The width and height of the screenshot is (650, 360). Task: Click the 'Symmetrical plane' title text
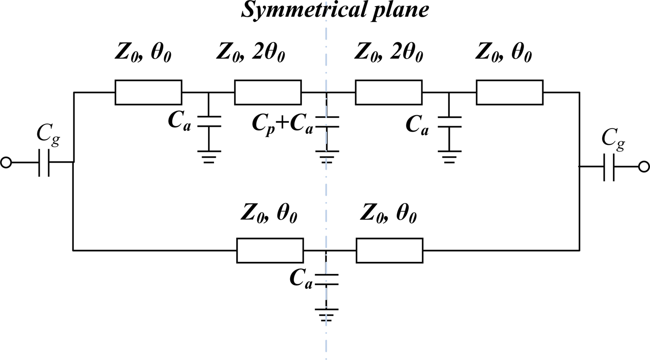(335, 10)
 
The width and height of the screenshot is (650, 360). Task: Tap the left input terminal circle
(6, 162)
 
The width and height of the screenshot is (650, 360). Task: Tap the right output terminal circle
(643, 167)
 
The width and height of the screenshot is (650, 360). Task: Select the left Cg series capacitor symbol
(44, 163)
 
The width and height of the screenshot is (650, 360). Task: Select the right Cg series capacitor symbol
(609, 167)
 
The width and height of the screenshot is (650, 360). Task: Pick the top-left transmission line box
(148, 92)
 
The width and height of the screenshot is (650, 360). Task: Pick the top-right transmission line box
(509, 92)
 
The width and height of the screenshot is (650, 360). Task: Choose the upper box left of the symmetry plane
(268, 92)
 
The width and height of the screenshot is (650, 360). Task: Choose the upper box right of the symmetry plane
(389, 92)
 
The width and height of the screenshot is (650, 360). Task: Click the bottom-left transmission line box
(270, 250)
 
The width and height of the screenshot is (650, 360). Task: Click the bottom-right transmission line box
(390, 250)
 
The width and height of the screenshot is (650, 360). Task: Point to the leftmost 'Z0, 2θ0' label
(250, 55)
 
